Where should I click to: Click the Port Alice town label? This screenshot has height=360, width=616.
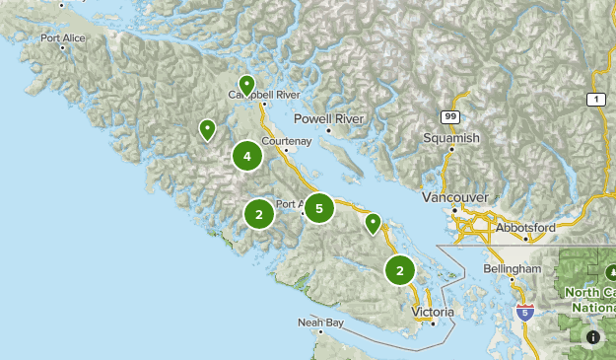pyautogui.click(x=64, y=38)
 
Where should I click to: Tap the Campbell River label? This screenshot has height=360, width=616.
pyautogui.click(x=263, y=95)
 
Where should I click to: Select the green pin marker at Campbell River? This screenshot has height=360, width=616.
pyautogui.click(x=246, y=84)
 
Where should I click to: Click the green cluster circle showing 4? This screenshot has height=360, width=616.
pyautogui.click(x=246, y=156)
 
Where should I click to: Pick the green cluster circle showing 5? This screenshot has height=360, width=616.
pyautogui.click(x=318, y=208)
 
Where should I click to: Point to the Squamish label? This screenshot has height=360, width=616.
pyautogui.click(x=451, y=138)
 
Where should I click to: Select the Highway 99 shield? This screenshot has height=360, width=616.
pyautogui.click(x=449, y=116)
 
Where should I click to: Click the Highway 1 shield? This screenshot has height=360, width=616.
pyautogui.click(x=595, y=100)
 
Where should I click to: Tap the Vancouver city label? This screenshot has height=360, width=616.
pyautogui.click(x=454, y=197)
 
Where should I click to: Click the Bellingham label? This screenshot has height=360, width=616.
pyautogui.click(x=513, y=268)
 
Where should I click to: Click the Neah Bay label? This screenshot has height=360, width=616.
pyautogui.click(x=321, y=323)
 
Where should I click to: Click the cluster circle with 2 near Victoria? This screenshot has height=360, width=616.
pyautogui.click(x=399, y=269)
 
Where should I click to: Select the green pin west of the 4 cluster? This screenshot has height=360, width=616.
pyautogui.click(x=207, y=129)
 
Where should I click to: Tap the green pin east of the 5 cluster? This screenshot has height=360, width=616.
pyautogui.click(x=373, y=223)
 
